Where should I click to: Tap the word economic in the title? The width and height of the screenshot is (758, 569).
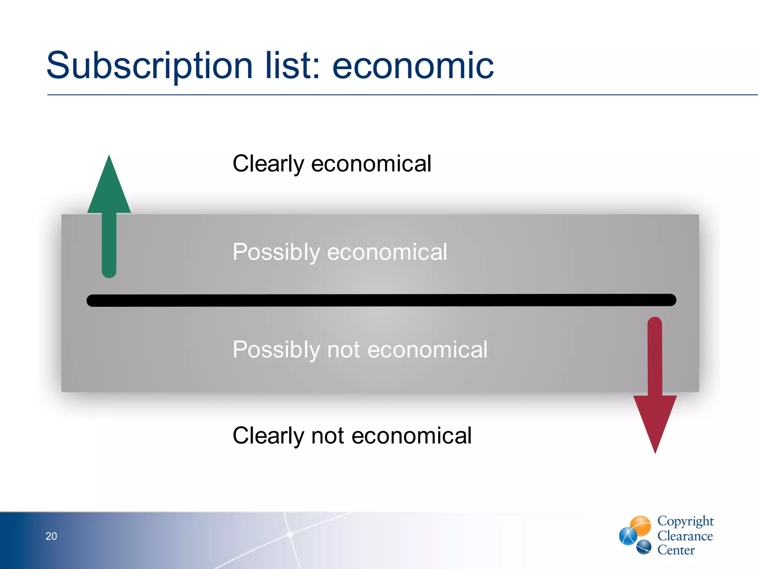(x=413, y=66)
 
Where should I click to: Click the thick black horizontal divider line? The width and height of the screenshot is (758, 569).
(x=381, y=300)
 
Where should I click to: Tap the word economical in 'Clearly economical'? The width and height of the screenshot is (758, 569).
(x=371, y=164)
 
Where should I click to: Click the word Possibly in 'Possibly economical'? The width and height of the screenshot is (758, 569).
(x=276, y=252)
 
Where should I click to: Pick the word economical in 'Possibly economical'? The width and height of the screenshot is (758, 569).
(x=387, y=252)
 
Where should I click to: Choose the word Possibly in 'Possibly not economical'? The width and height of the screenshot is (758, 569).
(x=276, y=349)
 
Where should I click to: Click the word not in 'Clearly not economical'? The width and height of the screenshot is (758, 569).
(x=328, y=436)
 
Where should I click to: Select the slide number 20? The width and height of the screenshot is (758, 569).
(x=51, y=536)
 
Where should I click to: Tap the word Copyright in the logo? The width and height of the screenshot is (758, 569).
(x=685, y=521)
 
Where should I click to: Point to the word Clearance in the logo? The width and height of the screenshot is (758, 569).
(x=685, y=536)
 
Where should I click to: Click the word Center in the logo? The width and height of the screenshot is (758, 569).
(x=676, y=550)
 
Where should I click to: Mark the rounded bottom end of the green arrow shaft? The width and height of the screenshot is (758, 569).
(x=109, y=272)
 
